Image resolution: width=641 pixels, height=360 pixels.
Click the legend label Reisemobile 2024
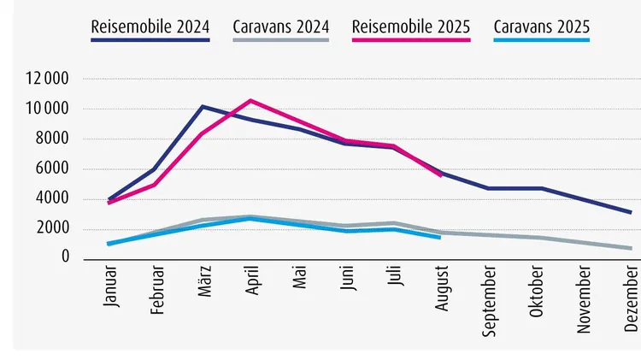(x=150, y=26)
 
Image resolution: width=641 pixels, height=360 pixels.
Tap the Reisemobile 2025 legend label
(x=411, y=26)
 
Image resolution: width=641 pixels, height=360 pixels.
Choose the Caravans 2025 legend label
(x=542, y=26)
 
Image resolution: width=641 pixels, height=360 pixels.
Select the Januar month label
(x=109, y=287)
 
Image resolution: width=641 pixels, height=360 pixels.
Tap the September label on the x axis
(x=490, y=299)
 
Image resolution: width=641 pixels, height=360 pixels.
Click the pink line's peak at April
(x=250, y=100)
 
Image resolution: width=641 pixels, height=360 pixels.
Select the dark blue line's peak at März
(x=203, y=106)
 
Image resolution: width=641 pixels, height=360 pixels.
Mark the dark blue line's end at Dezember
(x=631, y=212)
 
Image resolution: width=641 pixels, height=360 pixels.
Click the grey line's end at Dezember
(x=631, y=248)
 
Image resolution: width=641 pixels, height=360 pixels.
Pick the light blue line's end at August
(x=441, y=237)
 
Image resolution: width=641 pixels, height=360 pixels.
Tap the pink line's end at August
(x=441, y=174)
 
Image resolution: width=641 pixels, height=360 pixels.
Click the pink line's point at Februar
(x=156, y=185)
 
